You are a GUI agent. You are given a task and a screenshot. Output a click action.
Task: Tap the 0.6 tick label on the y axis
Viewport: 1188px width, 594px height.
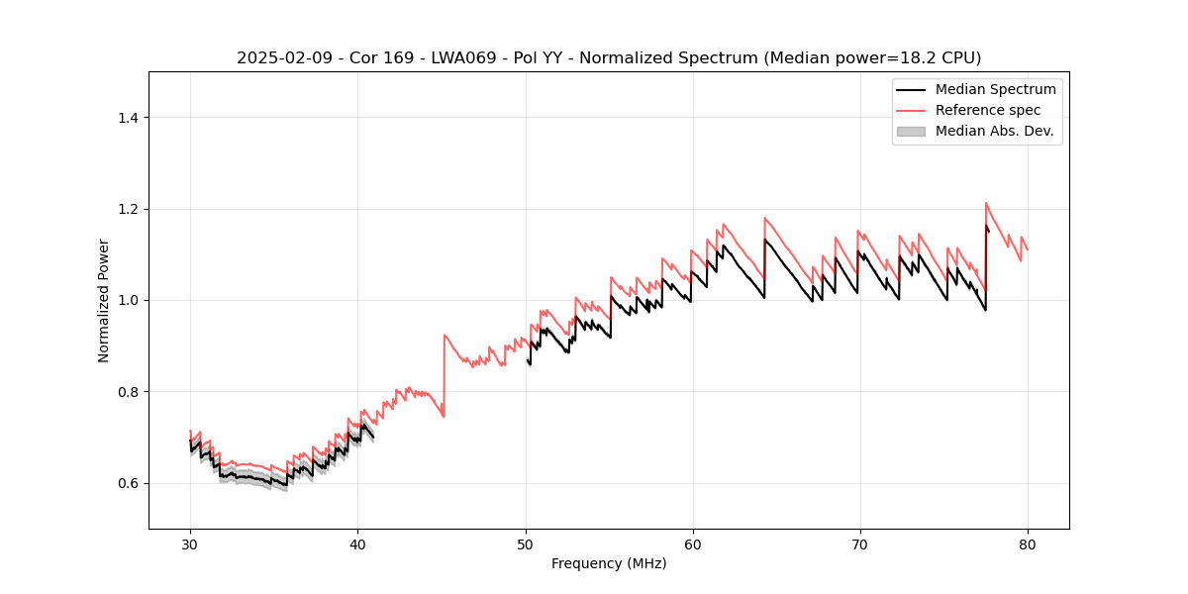click(128, 483)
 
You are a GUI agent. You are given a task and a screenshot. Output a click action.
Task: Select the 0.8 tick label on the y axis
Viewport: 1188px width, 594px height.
click(128, 392)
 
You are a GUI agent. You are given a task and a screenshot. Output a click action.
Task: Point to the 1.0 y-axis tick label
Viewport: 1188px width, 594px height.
click(128, 300)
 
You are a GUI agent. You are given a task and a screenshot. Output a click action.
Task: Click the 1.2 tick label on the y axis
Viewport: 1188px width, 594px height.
click(128, 209)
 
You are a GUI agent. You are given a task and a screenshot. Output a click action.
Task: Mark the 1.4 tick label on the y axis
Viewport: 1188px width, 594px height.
click(128, 118)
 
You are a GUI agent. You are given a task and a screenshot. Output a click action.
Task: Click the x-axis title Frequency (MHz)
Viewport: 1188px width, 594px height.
click(609, 563)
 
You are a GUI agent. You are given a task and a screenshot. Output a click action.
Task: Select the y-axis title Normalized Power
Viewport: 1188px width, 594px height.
click(104, 300)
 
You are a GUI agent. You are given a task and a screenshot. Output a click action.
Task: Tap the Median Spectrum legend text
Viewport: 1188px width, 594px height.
click(995, 89)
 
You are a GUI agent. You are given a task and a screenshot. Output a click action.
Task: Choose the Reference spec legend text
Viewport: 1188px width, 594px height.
click(988, 110)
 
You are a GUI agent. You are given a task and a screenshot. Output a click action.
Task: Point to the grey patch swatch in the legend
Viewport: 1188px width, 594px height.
click(911, 131)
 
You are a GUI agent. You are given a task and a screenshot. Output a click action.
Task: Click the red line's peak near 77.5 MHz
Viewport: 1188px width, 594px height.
click(986, 203)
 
